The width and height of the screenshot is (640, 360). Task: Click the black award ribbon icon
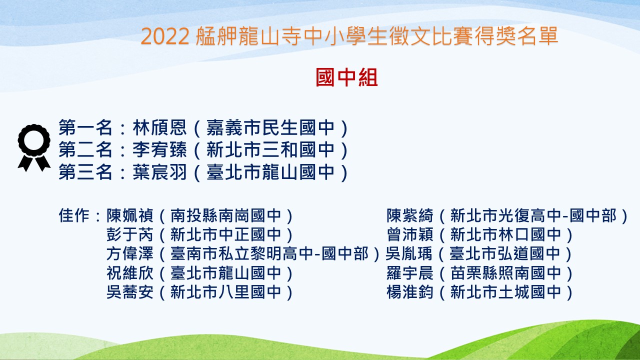[x=34, y=147]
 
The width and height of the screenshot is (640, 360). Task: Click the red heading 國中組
[x=347, y=77]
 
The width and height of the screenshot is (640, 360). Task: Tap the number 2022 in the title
[x=165, y=36]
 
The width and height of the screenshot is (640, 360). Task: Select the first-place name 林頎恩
[x=159, y=127]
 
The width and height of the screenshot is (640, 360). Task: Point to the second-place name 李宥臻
[x=159, y=149]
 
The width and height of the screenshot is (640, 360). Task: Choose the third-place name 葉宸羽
[x=159, y=172]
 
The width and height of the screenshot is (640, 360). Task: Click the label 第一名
[x=85, y=127]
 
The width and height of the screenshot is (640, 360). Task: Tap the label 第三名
[x=85, y=172]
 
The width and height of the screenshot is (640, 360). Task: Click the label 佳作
[x=74, y=215]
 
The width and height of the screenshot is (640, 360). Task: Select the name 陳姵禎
[x=130, y=215]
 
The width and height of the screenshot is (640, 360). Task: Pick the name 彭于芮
[x=130, y=234]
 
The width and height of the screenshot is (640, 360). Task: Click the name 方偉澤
[x=130, y=253]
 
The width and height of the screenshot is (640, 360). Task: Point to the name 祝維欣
[x=130, y=273]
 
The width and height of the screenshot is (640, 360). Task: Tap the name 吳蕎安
[x=130, y=292]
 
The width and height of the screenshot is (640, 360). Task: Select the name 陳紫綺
[x=410, y=215]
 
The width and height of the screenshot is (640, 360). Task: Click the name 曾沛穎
[x=410, y=234]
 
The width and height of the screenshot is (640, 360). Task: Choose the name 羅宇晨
[x=410, y=273]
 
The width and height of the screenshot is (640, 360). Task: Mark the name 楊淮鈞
[x=410, y=292]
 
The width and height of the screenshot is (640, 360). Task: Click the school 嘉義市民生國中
[x=270, y=127]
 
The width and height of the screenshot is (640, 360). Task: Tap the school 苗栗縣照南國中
[x=505, y=273]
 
